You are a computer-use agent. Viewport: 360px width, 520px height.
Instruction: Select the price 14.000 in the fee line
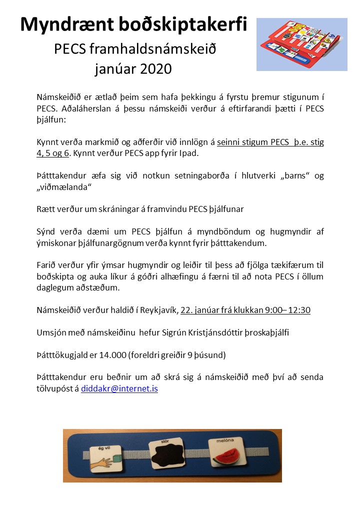(113, 355)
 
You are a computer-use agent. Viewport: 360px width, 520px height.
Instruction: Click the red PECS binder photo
(301, 44)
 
